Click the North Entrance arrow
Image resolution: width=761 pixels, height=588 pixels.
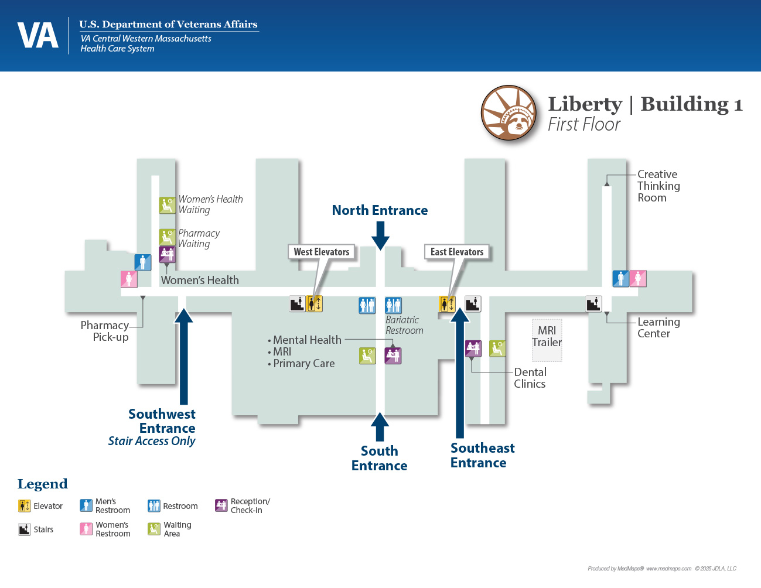click(x=380, y=235)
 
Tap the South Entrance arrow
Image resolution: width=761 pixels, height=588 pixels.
click(x=380, y=426)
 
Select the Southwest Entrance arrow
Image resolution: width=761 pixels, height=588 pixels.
click(x=184, y=357)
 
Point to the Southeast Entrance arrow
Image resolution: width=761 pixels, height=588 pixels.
click(x=460, y=375)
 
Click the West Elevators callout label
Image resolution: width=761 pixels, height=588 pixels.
click(x=321, y=252)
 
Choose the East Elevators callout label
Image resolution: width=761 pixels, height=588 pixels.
click(x=457, y=252)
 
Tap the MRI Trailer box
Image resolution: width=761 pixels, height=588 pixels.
click(x=547, y=340)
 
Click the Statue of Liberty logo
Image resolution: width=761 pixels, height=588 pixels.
click(x=509, y=113)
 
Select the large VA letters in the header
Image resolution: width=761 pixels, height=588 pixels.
click(x=38, y=36)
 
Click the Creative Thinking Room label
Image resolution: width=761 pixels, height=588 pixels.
click(x=658, y=186)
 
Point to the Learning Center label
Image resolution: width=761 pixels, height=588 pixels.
click(x=658, y=327)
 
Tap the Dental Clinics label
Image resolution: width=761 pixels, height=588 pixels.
click(x=530, y=378)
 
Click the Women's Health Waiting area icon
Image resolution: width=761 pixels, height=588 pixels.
click(x=167, y=205)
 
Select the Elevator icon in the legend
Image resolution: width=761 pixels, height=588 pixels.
click(x=24, y=506)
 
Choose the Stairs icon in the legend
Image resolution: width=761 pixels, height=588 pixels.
click(x=24, y=529)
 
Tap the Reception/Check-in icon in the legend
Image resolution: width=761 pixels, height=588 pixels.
click(x=221, y=505)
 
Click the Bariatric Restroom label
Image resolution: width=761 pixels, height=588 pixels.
click(x=404, y=325)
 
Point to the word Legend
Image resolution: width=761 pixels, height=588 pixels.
click(x=43, y=484)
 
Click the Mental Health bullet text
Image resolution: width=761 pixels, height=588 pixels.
click(x=307, y=340)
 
